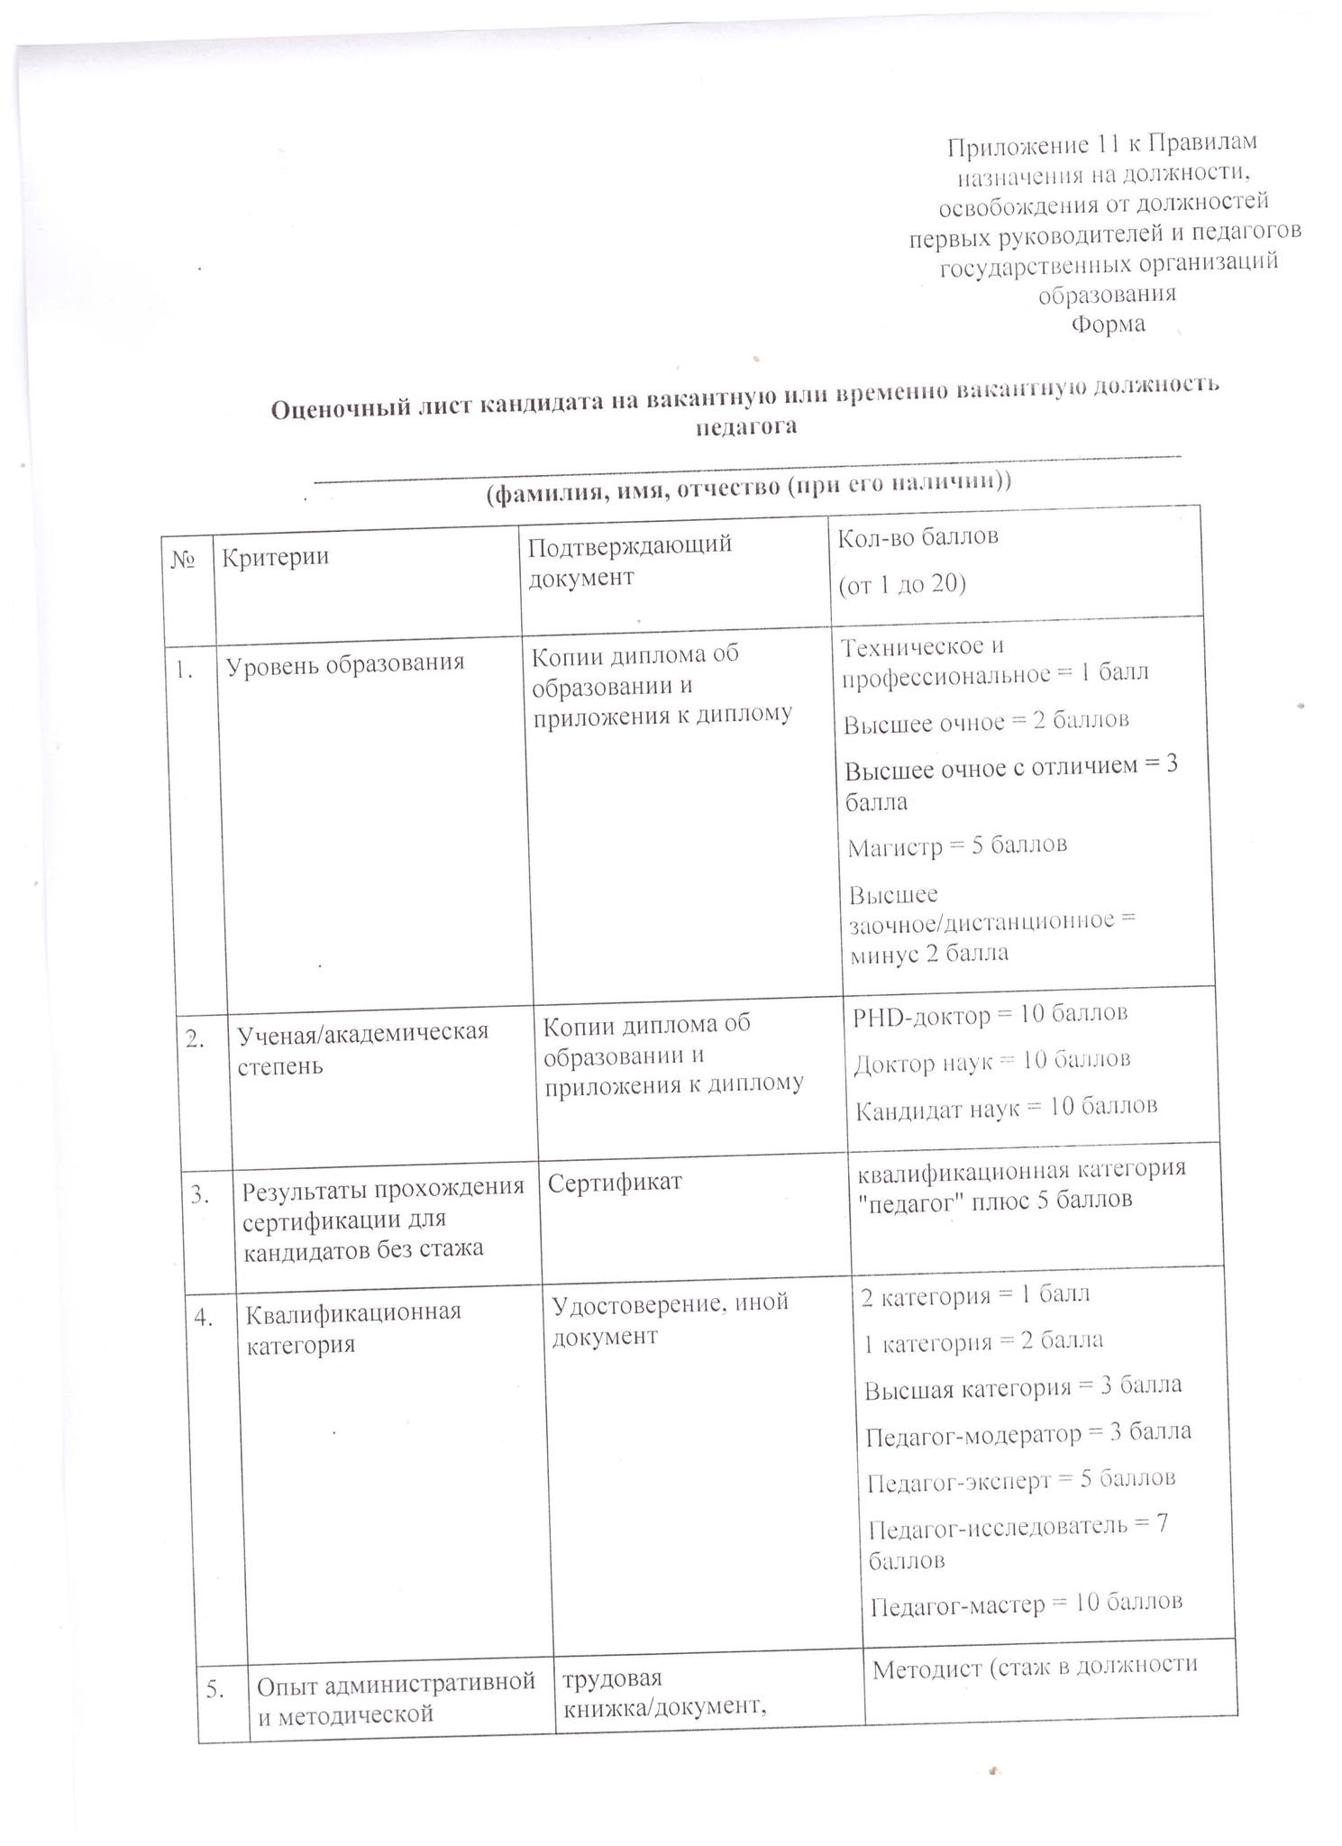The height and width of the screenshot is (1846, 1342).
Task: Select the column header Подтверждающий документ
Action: (x=629, y=561)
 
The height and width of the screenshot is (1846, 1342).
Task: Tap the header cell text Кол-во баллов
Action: (x=917, y=537)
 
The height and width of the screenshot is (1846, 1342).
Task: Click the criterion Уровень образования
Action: (x=344, y=664)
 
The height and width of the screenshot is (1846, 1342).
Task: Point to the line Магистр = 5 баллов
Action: (x=957, y=846)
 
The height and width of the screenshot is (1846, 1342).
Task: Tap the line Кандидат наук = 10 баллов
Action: (x=1006, y=1106)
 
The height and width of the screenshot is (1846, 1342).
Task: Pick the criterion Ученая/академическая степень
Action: (x=362, y=1049)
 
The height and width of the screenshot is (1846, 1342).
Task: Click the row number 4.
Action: (x=204, y=1318)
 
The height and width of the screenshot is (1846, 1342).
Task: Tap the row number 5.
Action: (x=216, y=1690)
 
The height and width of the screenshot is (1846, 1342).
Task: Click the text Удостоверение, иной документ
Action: (x=669, y=1319)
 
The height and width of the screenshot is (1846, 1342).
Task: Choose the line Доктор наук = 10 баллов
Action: (x=991, y=1061)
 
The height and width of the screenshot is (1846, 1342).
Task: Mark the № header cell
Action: (x=184, y=559)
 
